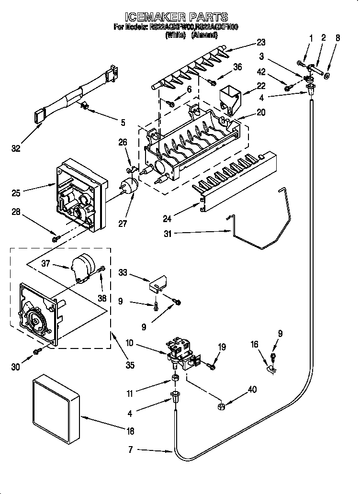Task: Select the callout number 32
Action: point(16,149)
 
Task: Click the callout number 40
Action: point(252,390)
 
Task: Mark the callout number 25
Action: point(17,193)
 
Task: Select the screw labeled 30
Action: point(36,352)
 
